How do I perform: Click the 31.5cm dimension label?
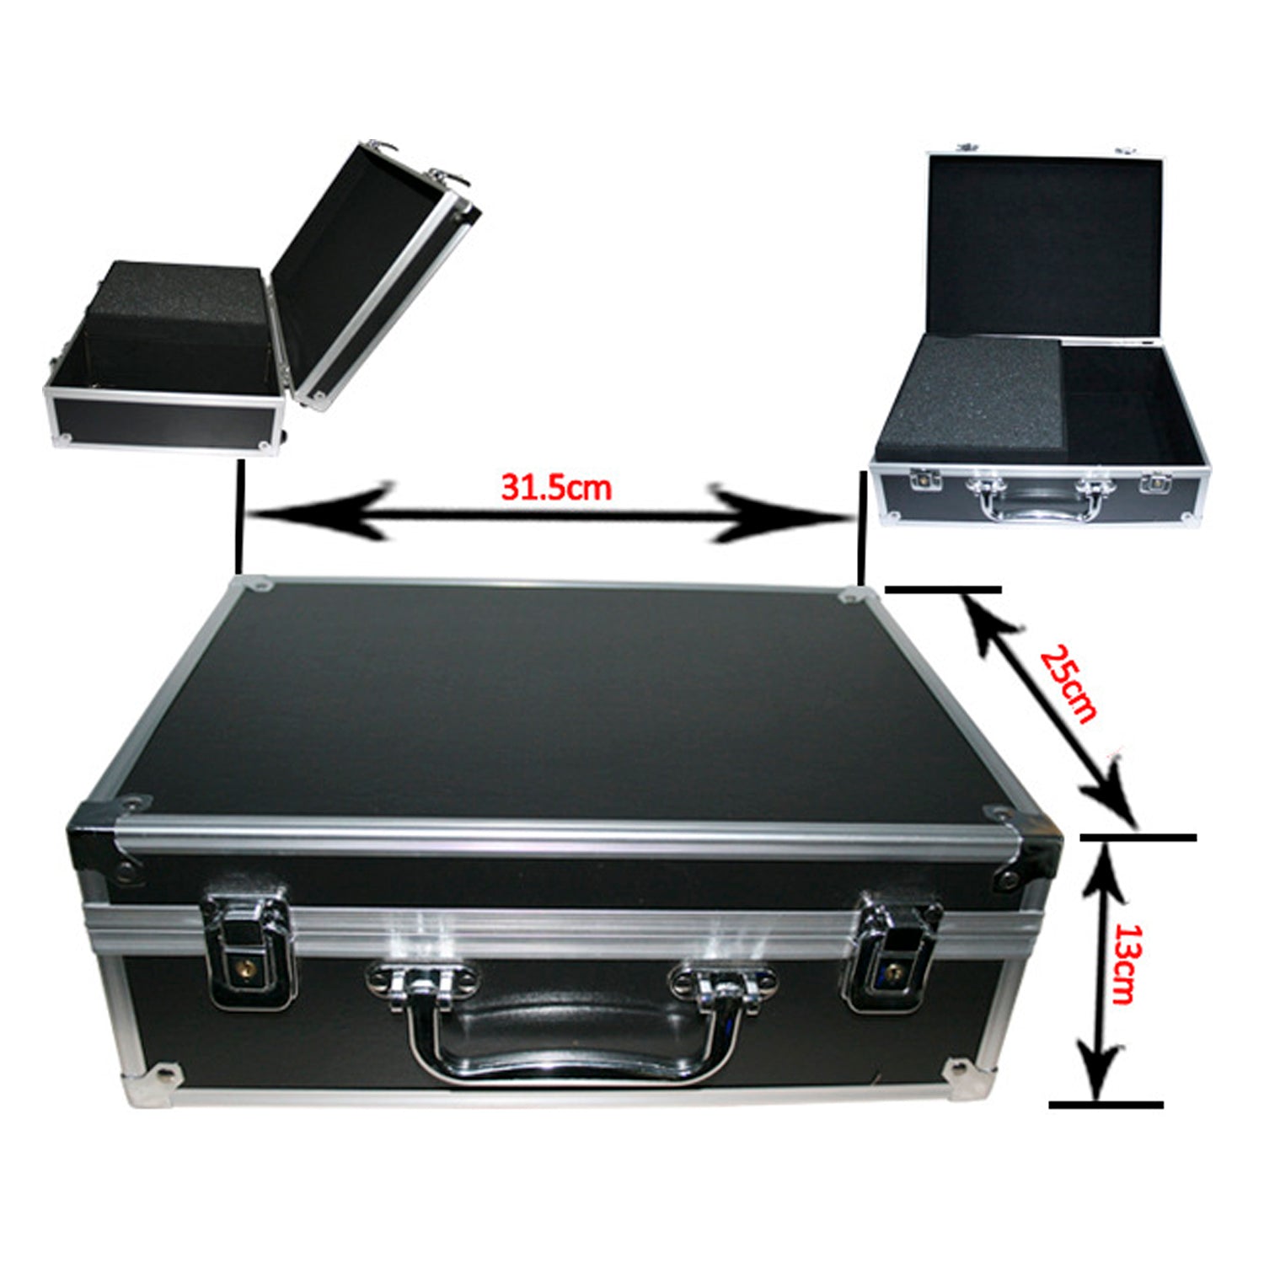(x=556, y=487)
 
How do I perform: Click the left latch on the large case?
(x=251, y=950)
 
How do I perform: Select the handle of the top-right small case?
(x=1037, y=499)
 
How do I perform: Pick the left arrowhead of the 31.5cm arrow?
(x=320, y=511)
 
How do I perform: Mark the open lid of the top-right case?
(x=1045, y=244)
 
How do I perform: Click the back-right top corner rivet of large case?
(x=850, y=595)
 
